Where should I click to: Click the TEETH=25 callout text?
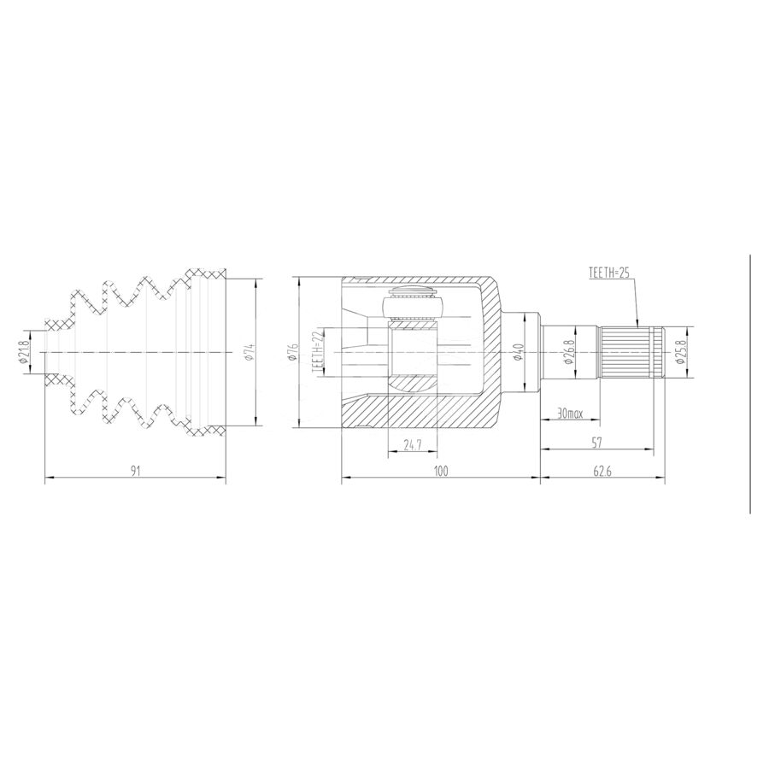pyautogui.click(x=608, y=273)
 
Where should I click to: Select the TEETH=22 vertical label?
pyautogui.click(x=317, y=353)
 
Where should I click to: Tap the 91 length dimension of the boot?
pyautogui.click(x=136, y=471)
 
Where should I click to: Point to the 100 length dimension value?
pyautogui.click(x=441, y=471)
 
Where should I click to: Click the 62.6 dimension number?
pyautogui.click(x=602, y=471)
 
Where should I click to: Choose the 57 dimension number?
pyautogui.click(x=597, y=443)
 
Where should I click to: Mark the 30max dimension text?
pyautogui.click(x=570, y=414)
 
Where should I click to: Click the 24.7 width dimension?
pyautogui.click(x=413, y=444)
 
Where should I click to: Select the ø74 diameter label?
pyautogui.click(x=249, y=353)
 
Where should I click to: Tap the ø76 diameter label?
pyautogui.click(x=293, y=353)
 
